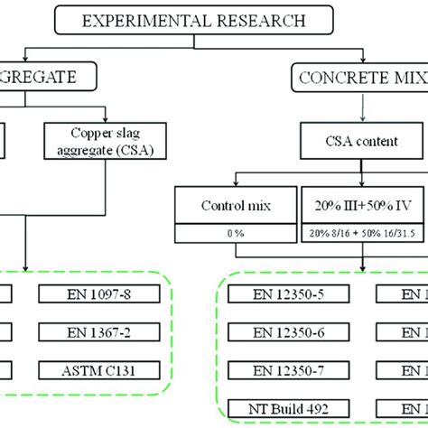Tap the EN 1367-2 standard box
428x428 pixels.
(x=104, y=332)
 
